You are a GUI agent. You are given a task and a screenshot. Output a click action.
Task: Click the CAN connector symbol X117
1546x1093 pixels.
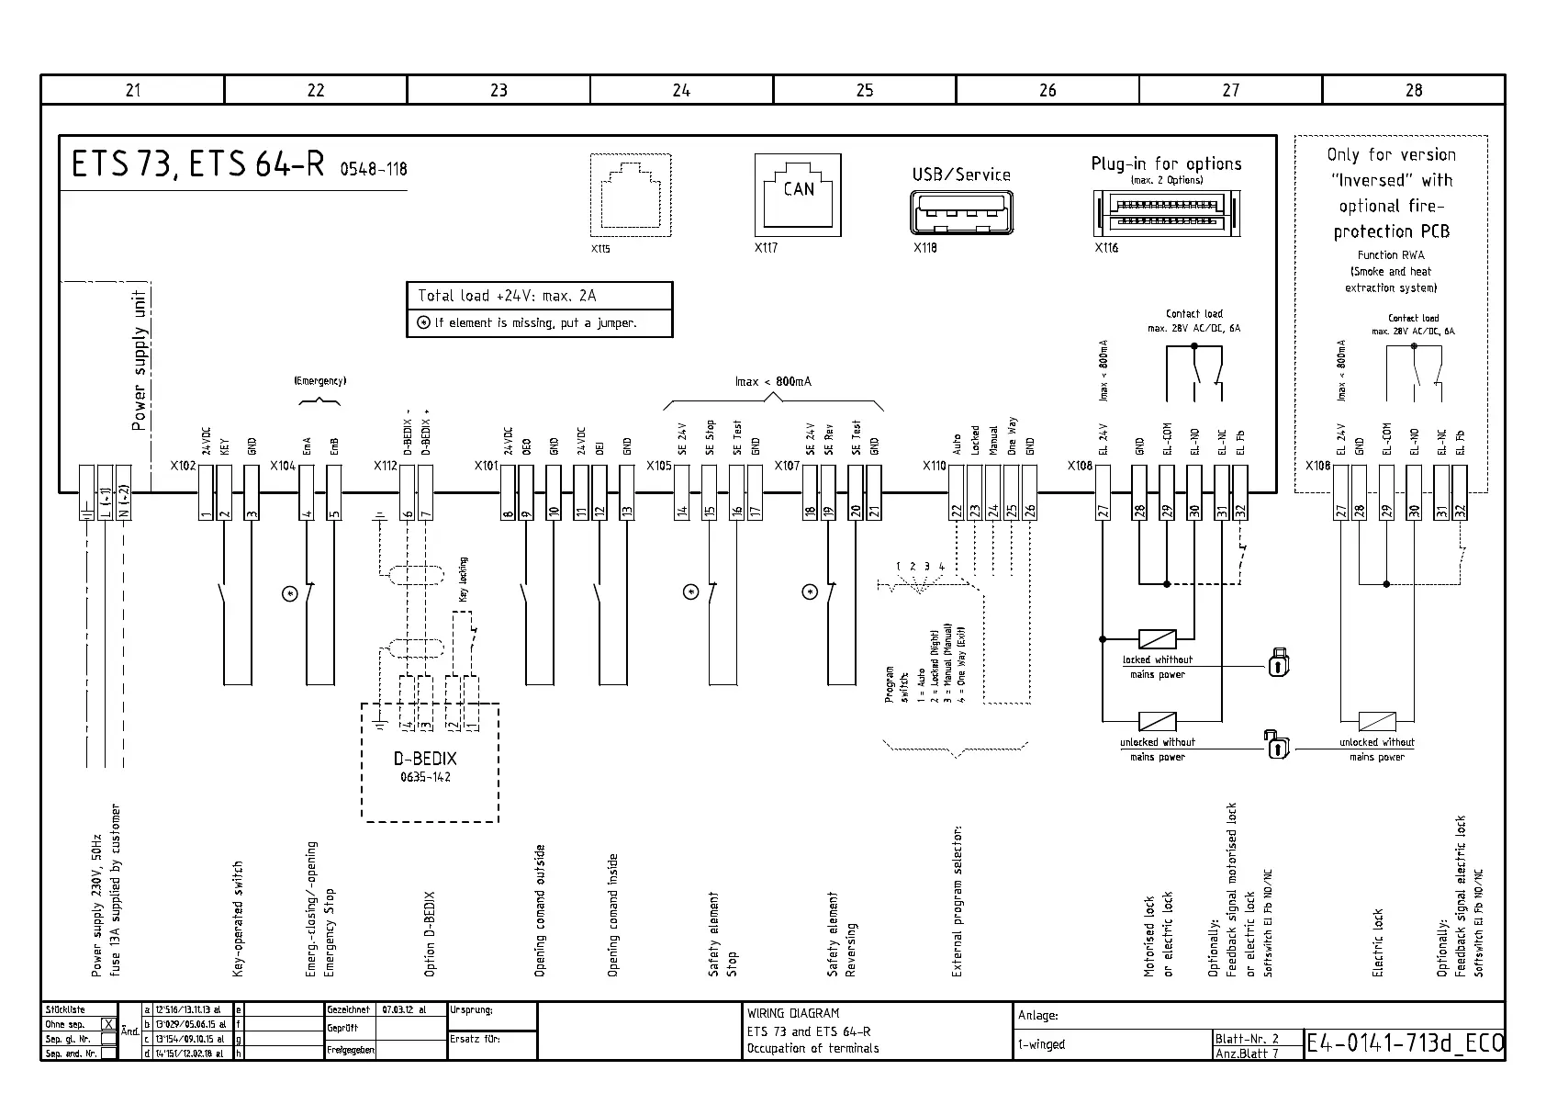click(x=798, y=194)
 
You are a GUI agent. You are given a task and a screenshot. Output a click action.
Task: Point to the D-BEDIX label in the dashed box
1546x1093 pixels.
click(x=425, y=759)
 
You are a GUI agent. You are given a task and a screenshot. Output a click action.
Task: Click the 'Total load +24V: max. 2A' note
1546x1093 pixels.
click(x=507, y=296)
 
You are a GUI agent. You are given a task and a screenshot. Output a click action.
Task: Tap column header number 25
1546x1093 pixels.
click(x=864, y=90)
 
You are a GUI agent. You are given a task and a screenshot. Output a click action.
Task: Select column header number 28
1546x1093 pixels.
click(x=1413, y=90)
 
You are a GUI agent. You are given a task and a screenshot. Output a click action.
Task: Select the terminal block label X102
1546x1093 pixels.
click(x=183, y=466)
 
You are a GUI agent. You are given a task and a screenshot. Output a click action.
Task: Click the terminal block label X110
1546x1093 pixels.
click(x=934, y=466)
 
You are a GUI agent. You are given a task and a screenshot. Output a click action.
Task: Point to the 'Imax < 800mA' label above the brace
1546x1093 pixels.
click(x=773, y=381)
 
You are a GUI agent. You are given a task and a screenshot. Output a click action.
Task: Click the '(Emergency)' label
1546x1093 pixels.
click(x=319, y=380)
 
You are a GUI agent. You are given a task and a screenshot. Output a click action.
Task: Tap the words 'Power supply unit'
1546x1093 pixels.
click(x=139, y=360)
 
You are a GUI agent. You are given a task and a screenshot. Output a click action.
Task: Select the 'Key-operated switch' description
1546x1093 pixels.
click(x=239, y=918)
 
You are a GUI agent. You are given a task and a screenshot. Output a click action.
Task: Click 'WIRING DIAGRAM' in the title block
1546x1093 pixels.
click(x=792, y=1013)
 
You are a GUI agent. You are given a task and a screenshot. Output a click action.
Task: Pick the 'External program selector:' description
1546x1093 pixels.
click(x=957, y=901)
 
